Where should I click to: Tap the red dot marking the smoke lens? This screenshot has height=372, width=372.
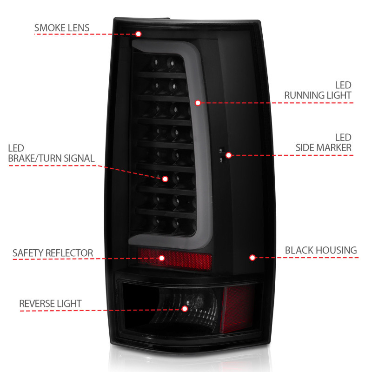tap(138, 33)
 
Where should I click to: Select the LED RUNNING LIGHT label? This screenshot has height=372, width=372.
tap(318, 90)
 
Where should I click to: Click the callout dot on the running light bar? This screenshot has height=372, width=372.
tap(197, 102)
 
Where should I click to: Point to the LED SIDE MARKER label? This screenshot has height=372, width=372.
tap(324, 143)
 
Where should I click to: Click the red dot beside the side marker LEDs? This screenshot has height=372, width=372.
tap(228, 154)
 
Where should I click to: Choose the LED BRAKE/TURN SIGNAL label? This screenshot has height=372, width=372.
tap(51, 153)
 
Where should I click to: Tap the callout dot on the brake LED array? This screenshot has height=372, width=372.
tap(165, 178)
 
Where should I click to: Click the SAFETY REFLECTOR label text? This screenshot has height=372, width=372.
tap(53, 253)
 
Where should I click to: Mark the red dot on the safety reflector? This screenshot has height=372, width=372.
tap(162, 258)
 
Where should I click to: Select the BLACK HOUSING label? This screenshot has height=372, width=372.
tap(321, 250)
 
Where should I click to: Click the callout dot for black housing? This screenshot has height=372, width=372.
tap(252, 257)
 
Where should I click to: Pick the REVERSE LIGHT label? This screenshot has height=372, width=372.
tap(50, 304)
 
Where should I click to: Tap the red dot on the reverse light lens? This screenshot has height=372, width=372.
tap(185, 308)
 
